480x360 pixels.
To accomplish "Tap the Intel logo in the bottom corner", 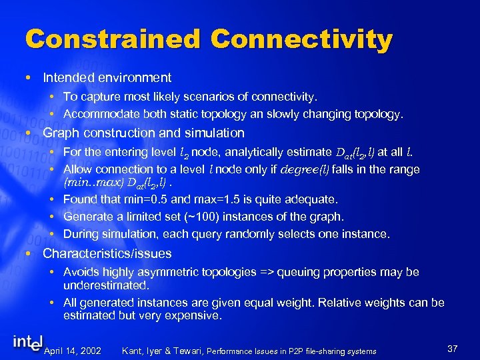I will pyautogui.click(x=27, y=343).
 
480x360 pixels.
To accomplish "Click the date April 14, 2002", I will pyautogui.click(x=72, y=351).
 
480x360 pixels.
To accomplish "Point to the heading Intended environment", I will pyautogui.click(x=107, y=78).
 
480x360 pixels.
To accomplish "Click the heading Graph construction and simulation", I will pyautogui.click(x=143, y=133).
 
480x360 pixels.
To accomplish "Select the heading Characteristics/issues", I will pyautogui.click(x=107, y=253).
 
